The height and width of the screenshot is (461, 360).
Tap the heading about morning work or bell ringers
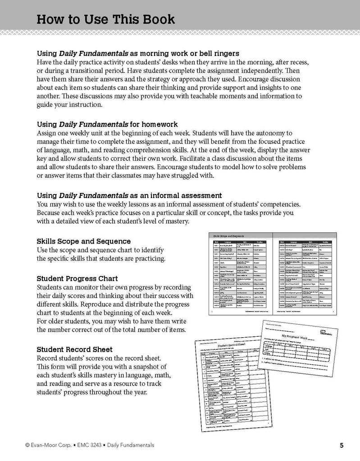138,53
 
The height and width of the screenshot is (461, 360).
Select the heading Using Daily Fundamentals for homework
107,124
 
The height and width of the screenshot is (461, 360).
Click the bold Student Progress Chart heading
77,278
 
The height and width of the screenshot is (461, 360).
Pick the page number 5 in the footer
342,446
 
